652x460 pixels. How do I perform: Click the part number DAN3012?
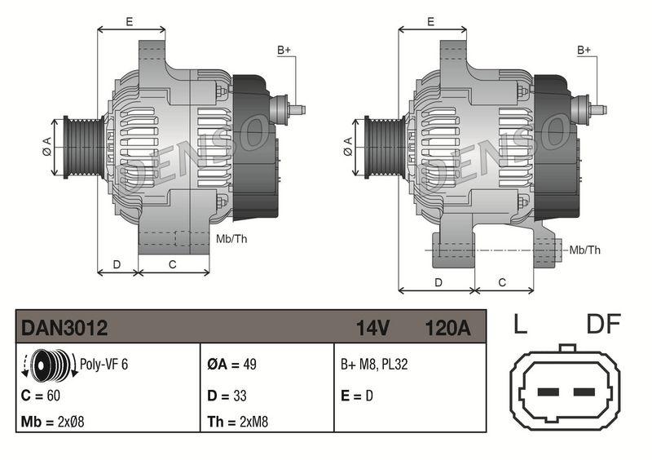click(x=64, y=328)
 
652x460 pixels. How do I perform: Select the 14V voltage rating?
click(x=372, y=328)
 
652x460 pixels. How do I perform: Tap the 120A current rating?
click(x=447, y=328)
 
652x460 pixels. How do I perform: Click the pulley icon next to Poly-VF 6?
click(x=48, y=364)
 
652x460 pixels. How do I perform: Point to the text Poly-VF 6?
click(x=104, y=365)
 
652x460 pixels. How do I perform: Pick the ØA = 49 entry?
click(x=231, y=365)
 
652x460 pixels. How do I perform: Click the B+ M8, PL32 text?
click(x=374, y=365)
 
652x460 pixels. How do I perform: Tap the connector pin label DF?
click(x=605, y=325)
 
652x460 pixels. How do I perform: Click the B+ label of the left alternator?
click(x=284, y=51)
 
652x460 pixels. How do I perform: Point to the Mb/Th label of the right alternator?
click(x=585, y=250)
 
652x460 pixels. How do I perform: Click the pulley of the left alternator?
click(x=81, y=147)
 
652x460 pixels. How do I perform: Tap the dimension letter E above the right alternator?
click(x=430, y=22)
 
